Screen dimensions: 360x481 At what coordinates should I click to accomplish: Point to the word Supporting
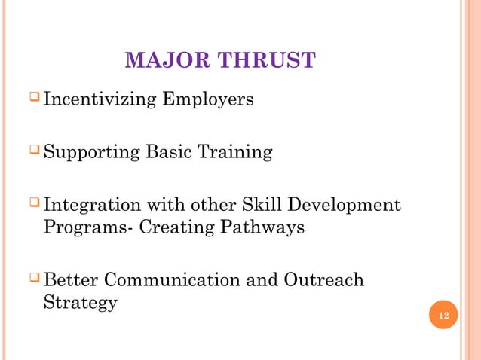(x=91, y=153)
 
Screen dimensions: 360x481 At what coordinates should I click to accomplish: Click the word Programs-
(x=83, y=228)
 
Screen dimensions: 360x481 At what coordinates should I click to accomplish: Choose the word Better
(x=71, y=280)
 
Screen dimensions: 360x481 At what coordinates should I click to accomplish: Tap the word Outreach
(x=326, y=280)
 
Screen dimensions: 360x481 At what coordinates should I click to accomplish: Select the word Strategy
(x=80, y=304)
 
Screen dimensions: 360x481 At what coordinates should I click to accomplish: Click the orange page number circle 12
(x=443, y=314)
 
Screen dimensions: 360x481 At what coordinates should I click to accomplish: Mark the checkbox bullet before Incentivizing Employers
(x=35, y=99)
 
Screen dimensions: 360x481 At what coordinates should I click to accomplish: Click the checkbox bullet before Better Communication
(x=35, y=279)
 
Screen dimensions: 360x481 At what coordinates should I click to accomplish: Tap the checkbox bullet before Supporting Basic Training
(x=35, y=151)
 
